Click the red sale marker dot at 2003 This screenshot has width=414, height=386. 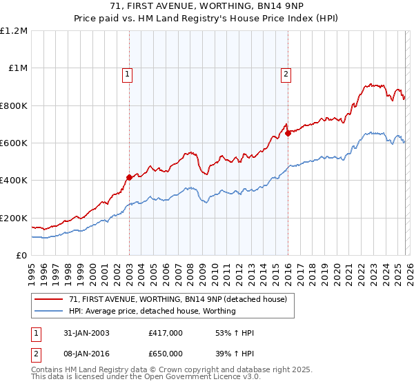click(129, 177)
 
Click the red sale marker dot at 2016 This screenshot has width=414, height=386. click(288, 134)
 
